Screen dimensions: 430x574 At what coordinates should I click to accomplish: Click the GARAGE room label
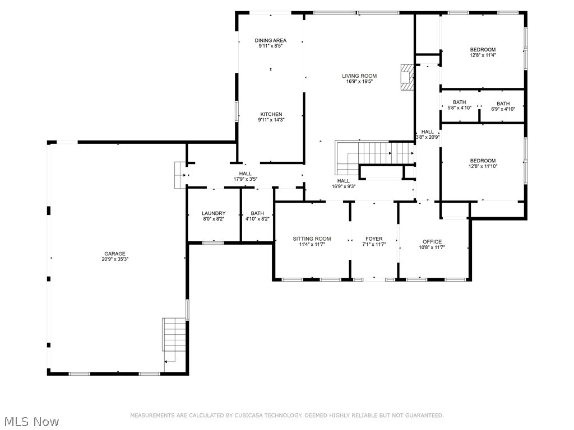(x=114, y=254)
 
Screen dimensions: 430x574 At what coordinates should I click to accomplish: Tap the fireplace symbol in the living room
(x=406, y=77)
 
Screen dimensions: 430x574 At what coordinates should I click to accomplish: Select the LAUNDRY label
(x=214, y=213)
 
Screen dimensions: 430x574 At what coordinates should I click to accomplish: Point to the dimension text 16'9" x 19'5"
(x=359, y=82)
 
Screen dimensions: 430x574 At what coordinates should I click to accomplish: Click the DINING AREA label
(x=271, y=40)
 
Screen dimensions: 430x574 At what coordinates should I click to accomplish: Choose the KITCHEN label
(x=271, y=114)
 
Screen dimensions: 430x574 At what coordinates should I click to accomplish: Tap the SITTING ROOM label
(x=312, y=239)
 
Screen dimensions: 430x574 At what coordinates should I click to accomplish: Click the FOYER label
(x=374, y=239)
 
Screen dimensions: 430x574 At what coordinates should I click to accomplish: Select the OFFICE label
(x=432, y=242)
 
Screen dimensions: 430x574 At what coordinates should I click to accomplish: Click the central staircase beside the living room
(x=373, y=152)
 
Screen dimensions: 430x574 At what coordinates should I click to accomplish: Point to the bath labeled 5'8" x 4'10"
(x=460, y=105)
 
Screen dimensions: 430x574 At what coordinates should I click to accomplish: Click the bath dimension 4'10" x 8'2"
(x=257, y=219)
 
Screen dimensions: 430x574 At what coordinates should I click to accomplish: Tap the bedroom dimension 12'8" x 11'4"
(x=483, y=55)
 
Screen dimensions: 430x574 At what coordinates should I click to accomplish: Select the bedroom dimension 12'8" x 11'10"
(x=483, y=166)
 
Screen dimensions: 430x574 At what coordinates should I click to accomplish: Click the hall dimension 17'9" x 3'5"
(x=245, y=179)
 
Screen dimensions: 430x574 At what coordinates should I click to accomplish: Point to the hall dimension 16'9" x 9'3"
(x=344, y=186)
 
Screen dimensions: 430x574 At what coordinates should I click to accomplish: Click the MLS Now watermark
(x=31, y=421)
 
